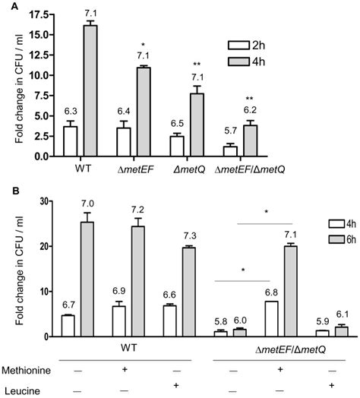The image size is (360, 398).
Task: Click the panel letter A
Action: pyautogui.click(x=7, y=7)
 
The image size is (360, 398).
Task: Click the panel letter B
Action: pyautogui.click(x=7, y=192)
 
